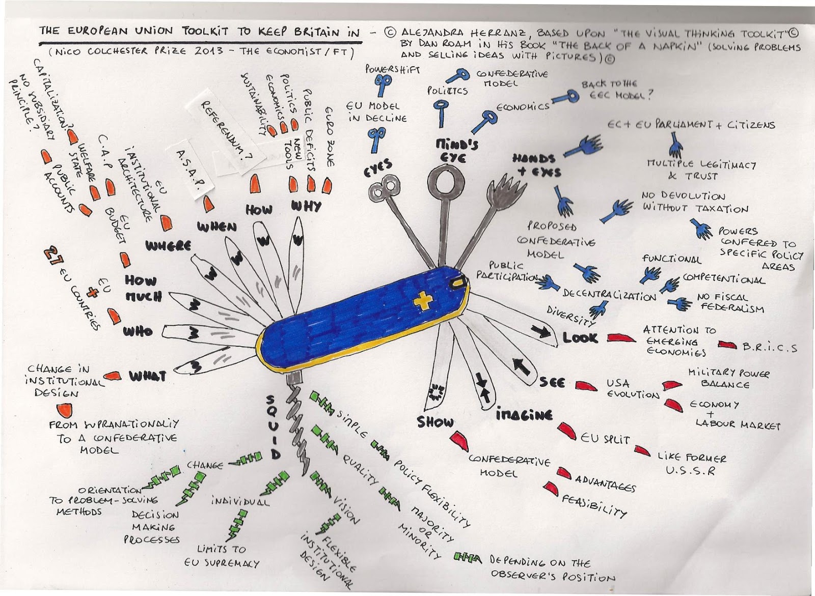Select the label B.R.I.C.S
[x=769, y=348]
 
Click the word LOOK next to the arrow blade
[x=580, y=337]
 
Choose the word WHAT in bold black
[x=147, y=377]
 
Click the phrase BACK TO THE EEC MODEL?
[x=617, y=90]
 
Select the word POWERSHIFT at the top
[x=392, y=70]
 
